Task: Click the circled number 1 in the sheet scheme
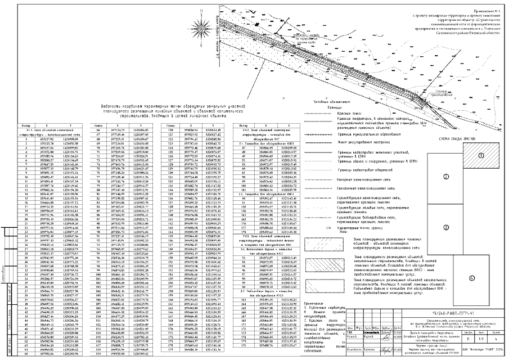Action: pyautogui.click(x=481, y=156)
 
